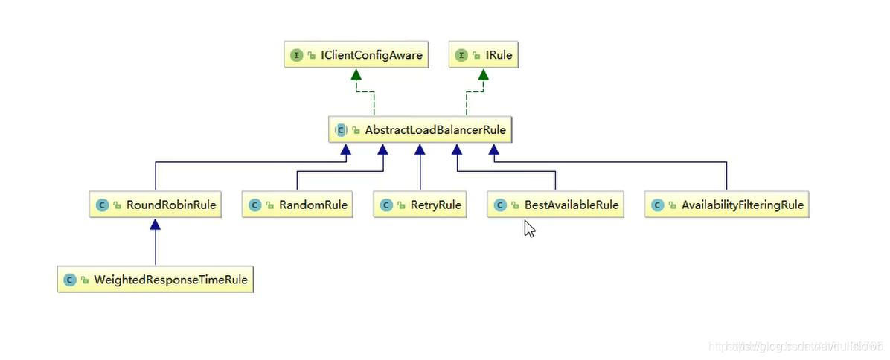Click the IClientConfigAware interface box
pyautogui.click(x=356, y=55)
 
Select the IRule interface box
pyautogui.click(x=483, y=55)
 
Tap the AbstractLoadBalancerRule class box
pyautogui.click(x=421, y=130)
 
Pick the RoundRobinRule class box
pyautogui.click(x=156, y=205)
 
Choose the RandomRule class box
pyautogui.click(x=296, y=205)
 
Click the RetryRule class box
pyautogui.click(x=420, y=205)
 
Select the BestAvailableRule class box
pyautogui.click(x=555, y=205)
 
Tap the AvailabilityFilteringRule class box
pyautogui.click(x=726, y=205)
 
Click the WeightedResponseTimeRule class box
pyautogui.click(x=156, y=280)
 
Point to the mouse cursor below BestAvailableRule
pyautogui.click(x=528, y=227)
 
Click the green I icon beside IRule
pyautogui.click(x=462, y=55)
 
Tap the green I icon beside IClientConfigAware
pyautogui.click(x=297, y=55)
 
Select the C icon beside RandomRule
pyautogui.click(x=255, y=205)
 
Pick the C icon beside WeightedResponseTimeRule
pyautogui.click(x=71, y=280)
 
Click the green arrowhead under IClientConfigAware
pyautogui.click(x=356, y=74)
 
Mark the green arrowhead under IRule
pyautogui.click(x=483, y=74)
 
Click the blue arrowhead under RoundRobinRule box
pyautogui.click(x=156, y=225)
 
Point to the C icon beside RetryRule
pyautogui.click(x=386, y=205)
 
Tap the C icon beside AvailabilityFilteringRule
pyautogui.click(x=658, y=205)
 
